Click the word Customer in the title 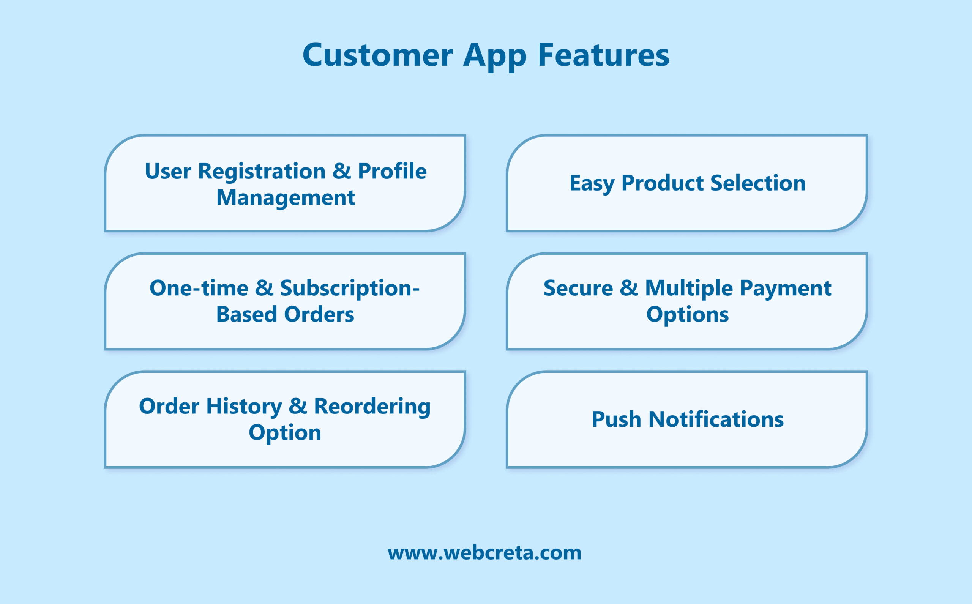coord(377,55)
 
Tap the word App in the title coord(495,55)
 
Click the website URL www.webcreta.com coord(484,553)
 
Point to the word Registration coord(262,171)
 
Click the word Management coord(285,198)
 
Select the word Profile coord(392,171)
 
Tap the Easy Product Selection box coord(687,183)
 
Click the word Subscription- coord(350,288)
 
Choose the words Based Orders coord(285,314)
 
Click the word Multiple coord(689,288)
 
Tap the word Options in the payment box coord(687,314)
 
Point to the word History coord(244,406)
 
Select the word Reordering coord(372,406)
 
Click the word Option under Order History coord(284,433)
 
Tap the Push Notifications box coord(687,419)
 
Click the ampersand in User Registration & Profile coord(341,171)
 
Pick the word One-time coord(199,288)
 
